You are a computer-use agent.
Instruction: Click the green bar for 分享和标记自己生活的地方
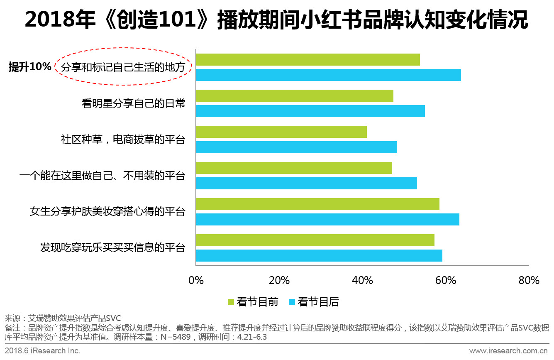[x=308, y=60]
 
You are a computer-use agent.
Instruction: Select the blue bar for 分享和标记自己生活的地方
[x=328, y=75]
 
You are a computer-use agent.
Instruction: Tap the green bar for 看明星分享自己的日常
[x=294, y=96]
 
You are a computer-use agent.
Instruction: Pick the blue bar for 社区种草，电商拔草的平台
[x=296, y=147]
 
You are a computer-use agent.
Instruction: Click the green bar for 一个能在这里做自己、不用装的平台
[x=294, y=168]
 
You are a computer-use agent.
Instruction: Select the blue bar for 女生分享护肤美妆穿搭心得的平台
[x=327, y=220]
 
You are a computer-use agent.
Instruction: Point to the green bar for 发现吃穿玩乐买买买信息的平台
[x=315, y=240]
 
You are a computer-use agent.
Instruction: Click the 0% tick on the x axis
[x=196, y=280]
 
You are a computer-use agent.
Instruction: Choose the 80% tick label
[x=529, y=280]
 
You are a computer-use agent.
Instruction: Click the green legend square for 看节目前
[x=231, y=302]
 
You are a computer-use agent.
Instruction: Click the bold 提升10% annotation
[x=30, y=67]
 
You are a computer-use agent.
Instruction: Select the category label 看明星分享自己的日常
[x=133, y=103]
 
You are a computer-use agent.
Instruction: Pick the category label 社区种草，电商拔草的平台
[x=123, y=140]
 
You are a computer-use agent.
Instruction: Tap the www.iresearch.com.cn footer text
[x=509, y=351]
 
